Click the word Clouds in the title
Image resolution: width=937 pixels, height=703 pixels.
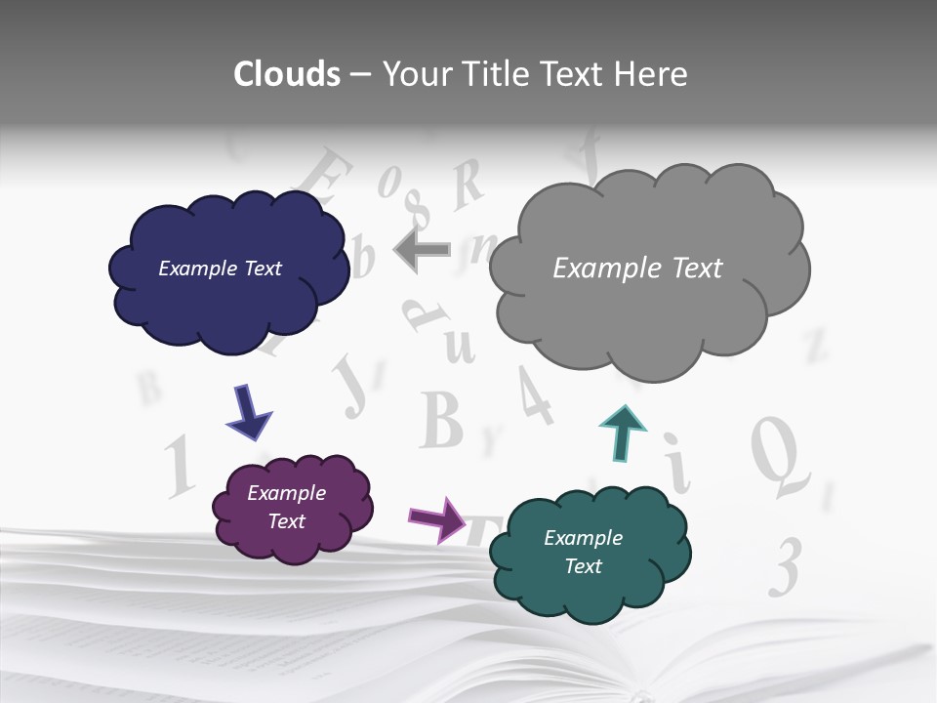pyautogui.click(x=287, y=74)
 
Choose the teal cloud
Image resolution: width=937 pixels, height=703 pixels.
pyautogui.click(x=590, y=586)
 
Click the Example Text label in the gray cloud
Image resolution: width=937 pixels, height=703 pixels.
pyautogui.click(x=637, y=269)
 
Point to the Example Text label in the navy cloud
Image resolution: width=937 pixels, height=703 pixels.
pyautogui.click(x=220, y=269)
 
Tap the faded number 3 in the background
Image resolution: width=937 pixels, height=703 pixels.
pyautogui.click(x=785, y=566)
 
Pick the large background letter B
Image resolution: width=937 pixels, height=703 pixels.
pyautogui.click(x=441, y=420)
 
